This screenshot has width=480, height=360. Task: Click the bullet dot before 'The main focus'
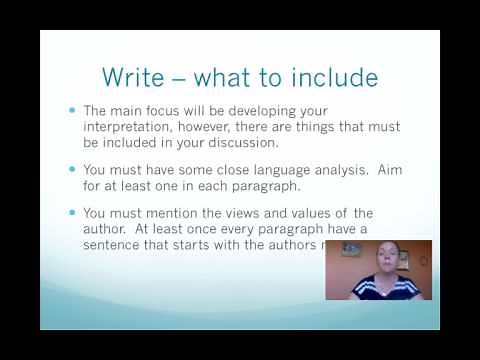pyautogui.click(x=71, y=109)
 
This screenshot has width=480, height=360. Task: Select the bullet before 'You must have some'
pyautogui.click(x=71, y=170)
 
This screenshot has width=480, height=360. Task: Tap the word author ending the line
pyautogui.click(x=104, y=230)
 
